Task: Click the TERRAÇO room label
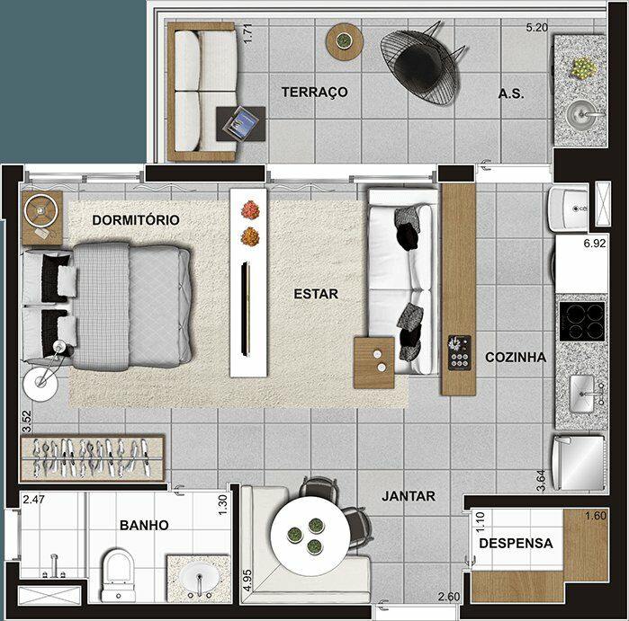pos(315,93)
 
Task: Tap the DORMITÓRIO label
pos(136,220)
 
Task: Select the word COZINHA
pos(516,357)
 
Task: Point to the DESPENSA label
pos(516,544)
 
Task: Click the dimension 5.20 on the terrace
pos(536,28)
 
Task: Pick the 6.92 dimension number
pos(595,244)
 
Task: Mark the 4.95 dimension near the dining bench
pos(247,581)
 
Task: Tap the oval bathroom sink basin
pos(199,578)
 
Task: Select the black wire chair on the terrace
pos(421,64)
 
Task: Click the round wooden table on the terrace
pos(345,41)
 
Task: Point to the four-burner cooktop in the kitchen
pos(582,322)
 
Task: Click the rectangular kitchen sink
pos(581,394)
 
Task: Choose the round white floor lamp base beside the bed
pos(40,384)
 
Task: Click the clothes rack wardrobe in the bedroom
pos(92,458)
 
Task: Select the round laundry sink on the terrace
pos(581,114)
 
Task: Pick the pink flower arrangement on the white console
pos(250,209)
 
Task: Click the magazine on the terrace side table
pos(240,123)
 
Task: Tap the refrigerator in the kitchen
pos(578,463)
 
